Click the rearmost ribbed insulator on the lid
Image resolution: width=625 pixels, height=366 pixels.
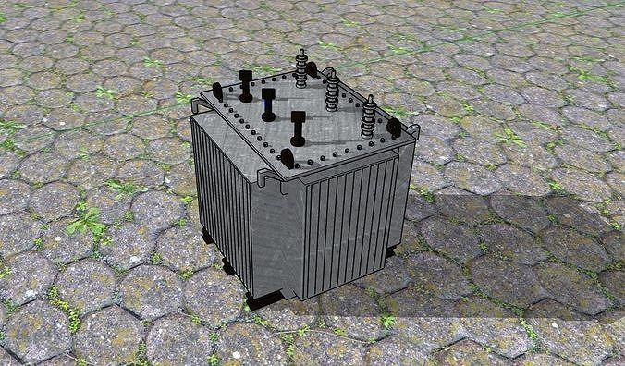[x=301, y=70]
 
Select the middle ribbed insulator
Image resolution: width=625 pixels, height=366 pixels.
[x=332, y=91]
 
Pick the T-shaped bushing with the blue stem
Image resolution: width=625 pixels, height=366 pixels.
[x=268, y=104]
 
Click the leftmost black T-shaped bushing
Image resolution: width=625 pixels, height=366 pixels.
[x=246, y=85]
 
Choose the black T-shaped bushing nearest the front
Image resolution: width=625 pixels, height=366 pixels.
[x=299, y=128]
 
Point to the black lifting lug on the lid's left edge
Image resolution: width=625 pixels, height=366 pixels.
[x=217, y=91]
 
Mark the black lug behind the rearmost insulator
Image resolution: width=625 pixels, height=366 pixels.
[x=313, y=68]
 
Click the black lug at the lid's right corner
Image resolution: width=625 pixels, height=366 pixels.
[x=395, y=128]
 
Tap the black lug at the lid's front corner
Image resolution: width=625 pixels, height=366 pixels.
[x=288, y=158]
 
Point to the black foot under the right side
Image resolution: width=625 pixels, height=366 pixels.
[x=391, y=250]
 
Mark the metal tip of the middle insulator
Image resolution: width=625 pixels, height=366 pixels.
[x=332, y=72]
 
